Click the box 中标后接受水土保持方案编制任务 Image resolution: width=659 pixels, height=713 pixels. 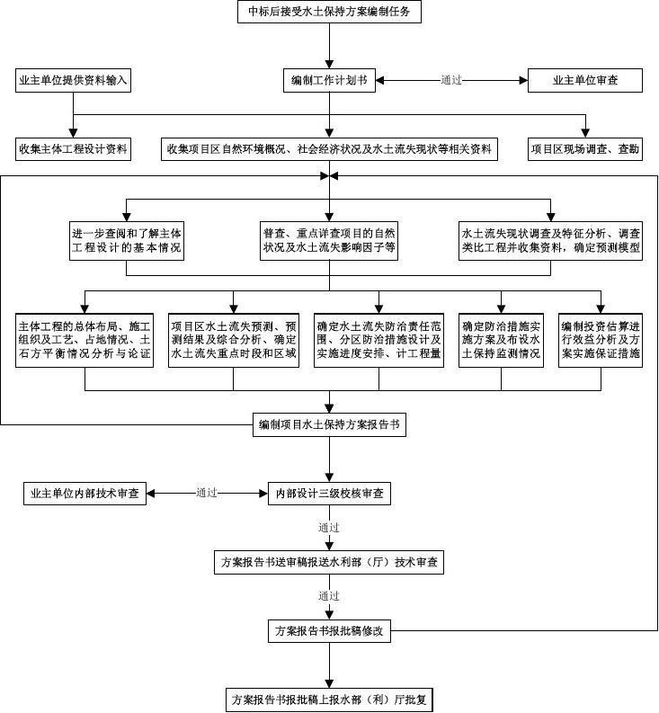[329, 13]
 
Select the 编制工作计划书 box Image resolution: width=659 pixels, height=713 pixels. [329, 80]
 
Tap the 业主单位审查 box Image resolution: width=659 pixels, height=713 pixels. [584, 80]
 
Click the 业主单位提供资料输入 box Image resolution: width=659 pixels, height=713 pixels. [74, 80]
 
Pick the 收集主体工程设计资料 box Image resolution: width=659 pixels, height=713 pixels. [74, 148]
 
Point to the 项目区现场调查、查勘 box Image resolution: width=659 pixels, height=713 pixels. [584, 148]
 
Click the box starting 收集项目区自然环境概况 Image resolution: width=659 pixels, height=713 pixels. [330, 148]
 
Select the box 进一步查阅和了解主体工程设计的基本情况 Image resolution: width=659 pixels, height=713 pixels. [127, 241]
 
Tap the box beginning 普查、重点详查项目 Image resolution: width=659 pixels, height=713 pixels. [329, 241]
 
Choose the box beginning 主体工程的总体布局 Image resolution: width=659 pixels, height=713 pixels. [85, 340]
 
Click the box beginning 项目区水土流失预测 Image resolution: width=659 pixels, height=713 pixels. [234, 340]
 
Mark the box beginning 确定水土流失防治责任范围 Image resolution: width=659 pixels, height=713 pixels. [378, 340]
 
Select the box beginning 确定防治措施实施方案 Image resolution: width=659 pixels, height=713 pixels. [502, 340]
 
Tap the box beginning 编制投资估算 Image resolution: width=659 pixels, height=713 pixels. [600, 340]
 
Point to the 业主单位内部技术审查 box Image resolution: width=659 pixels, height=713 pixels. [85, 493]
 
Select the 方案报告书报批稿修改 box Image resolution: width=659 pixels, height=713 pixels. [330, 630]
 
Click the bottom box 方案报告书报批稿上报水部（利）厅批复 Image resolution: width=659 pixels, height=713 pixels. [330, 699]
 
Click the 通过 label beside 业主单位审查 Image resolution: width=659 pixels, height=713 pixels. [451, 80]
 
